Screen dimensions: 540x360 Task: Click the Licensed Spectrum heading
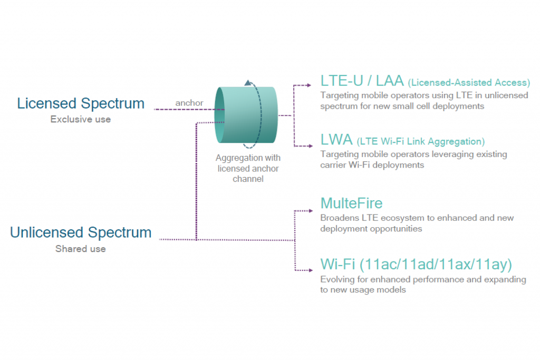(x=81, y=103)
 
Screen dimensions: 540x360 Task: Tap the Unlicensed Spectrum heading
(x=81, y=232)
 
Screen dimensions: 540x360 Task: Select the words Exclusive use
(x=81, y=119)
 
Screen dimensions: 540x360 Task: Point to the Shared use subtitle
(x=81, y=248)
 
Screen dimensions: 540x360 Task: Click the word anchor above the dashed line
(x=189, y=103)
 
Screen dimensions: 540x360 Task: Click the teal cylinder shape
(x=246, y=115)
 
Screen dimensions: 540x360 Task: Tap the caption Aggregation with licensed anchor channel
(x=248, y=168)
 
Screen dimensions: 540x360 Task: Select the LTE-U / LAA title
(x=362, y=81)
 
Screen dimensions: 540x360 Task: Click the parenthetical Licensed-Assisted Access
(x=469, y=83)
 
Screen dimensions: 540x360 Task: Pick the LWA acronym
(x=336, y=140)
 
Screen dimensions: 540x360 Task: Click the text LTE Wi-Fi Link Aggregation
(x=421, y=141)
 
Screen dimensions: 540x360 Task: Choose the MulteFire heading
(x=352, y=203)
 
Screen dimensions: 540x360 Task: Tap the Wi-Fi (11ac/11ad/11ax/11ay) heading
(x=417, y=264)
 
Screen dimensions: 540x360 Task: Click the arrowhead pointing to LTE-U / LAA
(x=309, y=85)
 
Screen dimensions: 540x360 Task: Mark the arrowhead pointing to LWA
(x=310, y=146)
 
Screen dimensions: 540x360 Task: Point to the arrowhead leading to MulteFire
(x=311, y=211)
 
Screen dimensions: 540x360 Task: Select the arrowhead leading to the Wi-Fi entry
(x=311, y=270)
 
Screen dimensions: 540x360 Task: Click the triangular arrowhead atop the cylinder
(x=248, y=83)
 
